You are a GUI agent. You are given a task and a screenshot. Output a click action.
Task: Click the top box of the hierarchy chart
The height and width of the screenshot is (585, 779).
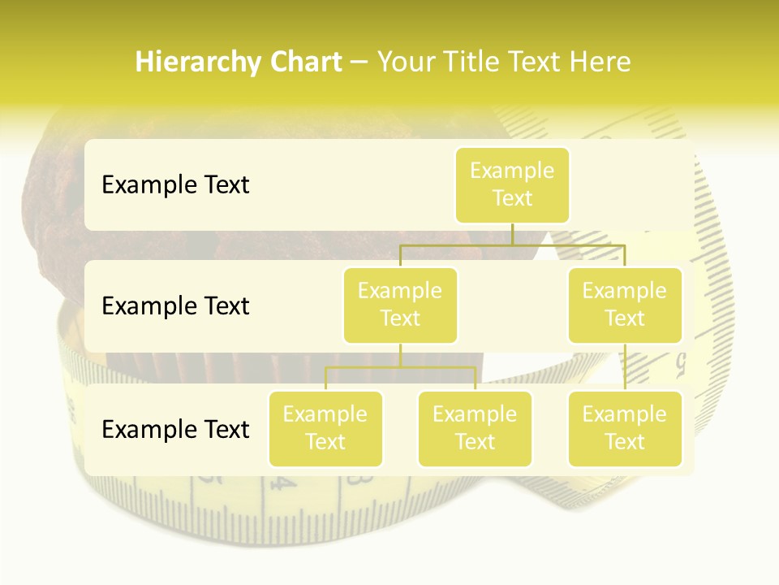512,184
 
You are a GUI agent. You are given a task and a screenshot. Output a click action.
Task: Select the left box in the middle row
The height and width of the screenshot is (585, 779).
400,305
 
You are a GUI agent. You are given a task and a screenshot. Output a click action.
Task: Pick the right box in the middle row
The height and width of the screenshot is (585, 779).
625,305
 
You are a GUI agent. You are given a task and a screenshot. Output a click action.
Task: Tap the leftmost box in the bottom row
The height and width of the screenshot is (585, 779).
325,428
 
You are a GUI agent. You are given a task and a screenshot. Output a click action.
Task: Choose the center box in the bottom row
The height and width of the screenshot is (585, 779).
475,428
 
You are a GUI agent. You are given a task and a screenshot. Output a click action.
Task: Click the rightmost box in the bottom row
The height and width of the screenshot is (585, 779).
625,428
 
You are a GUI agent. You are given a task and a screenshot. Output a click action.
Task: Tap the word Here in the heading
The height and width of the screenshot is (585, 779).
600,62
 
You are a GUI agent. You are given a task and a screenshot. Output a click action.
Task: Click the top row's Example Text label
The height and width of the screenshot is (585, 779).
175,184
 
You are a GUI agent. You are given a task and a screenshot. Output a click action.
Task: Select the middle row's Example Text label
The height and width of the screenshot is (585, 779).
175,305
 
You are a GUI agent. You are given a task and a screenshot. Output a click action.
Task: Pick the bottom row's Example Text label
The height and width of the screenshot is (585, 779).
175,429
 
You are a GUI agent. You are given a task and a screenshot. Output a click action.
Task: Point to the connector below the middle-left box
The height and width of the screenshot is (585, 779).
400,355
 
